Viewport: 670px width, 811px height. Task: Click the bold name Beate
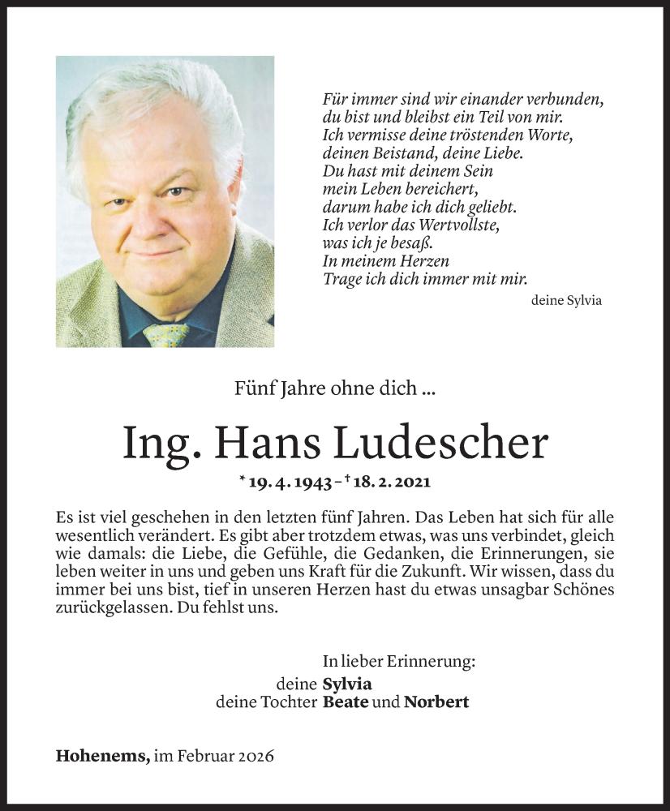344,702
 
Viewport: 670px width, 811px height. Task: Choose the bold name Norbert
436,702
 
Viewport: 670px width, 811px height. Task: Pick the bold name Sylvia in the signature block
347,684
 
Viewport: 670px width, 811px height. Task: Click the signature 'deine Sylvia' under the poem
566,300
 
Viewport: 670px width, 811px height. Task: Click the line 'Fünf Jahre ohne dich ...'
337,389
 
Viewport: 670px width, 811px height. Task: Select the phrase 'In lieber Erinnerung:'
398,662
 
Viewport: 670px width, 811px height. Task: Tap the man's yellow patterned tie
165,334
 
